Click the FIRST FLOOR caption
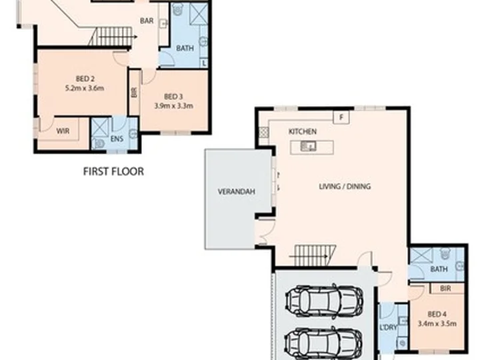pyautogui.click(x=113, y=171)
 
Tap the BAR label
pyautogui.click(x=147, y=21)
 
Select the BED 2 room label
pyautogui.click(x=85, y=79)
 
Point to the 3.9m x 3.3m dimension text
pyautogui.click(x=173, y=106)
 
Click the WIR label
pyautogui.click(x=63, y=131)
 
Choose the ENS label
pyautogui.click(x=117, y=139)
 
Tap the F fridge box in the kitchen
pyautogui.click(x=341, y=117)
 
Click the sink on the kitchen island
pyautogui.click(x=308, y=146)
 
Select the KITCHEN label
pyautogui.click(x=303, y=131)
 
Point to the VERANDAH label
pyautogui.click(x=236, y=192)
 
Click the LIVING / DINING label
pyautogui.click(x=345, y=187)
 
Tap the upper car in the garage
pyautogui.click(x=325, y=299)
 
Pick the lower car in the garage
pyautogui.click(x=324, y=341)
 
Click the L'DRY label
pyautogui.click(x=388, y=327)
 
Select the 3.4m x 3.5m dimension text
pyautogui.click(x=437, y=323)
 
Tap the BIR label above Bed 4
pyautogui.click(x=445, y=289)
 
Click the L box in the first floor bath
pyautogui.click(x=204, y=63)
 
